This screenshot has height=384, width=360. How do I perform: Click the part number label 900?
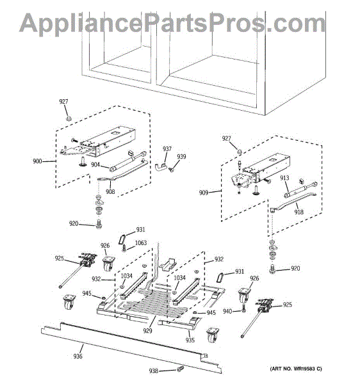pos(37,161)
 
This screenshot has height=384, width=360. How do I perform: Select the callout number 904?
pos(95,164)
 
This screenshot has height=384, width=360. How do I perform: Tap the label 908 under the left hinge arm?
pos(110,191)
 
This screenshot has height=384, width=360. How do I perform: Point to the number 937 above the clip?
pos(167,148)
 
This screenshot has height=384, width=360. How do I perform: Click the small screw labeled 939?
pos(172,170)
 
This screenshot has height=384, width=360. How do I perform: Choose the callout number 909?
pos(204,193)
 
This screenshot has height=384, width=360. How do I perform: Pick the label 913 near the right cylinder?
pos(284,178)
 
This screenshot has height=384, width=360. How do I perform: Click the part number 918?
pos(299,212)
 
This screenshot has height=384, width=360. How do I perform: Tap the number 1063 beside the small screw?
pos(141,243)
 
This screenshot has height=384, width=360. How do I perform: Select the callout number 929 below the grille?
pos(147,331)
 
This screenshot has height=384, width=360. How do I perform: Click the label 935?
pos(190,340)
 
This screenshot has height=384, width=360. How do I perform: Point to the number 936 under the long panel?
pos(78,356)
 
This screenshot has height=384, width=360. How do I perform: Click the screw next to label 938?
pos(180,369)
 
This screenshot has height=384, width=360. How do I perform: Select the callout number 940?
pos(227,311)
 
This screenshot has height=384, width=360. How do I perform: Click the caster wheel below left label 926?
pos(107,263)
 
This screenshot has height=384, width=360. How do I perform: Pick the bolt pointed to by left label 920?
pos(99,225)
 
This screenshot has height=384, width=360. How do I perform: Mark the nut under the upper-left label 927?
pos(69,119)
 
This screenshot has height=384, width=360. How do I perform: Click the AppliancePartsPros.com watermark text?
pos(172,23)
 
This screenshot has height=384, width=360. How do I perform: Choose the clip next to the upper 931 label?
pos(122,239)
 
